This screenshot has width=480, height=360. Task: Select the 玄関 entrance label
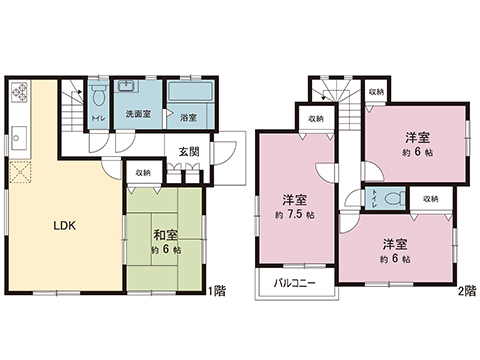click(190, 152)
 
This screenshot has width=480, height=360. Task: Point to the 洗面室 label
click(138, 115)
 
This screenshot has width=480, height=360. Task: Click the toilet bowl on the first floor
click(97, 100)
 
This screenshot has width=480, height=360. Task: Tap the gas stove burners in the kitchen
click(21, 95)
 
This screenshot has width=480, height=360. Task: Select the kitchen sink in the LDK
click(19, 132)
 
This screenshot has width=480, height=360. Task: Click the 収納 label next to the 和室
click(143, 173)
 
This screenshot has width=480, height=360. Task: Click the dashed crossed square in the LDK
click(20, 171)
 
